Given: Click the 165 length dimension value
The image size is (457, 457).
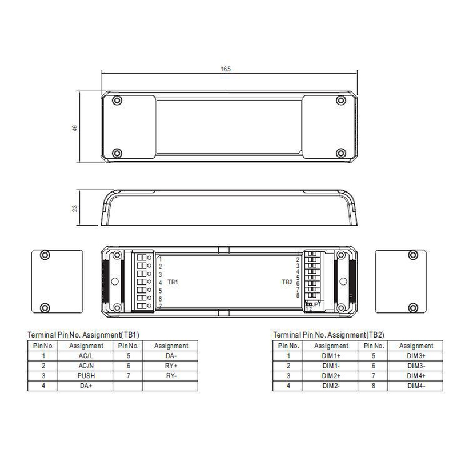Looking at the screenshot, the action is pyautogui.click(x=226, y=69).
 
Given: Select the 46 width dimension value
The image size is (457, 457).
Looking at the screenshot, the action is pyautogui.click(x=75, y=128).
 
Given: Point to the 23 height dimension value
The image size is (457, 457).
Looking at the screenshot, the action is pyautogui.click(x=75, y=209).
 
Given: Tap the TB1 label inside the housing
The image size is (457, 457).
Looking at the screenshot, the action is pyautogui.click(x=173, y=282).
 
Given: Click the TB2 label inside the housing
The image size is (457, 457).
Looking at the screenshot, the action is pyautogui.click(x=287, y=282).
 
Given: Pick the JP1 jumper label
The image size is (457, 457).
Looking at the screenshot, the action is pyautogui.click(x=316, y=304).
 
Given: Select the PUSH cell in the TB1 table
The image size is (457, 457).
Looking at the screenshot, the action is pyautogui.click(x=86, y=376).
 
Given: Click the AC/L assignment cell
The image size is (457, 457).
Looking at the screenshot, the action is pyautogui.click(x=86, y=356).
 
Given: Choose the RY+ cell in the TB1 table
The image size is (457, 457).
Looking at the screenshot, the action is pyautogui.click(x=171, y=366).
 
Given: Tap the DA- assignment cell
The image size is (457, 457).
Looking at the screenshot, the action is pyautogui.click(x=171, y=356).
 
